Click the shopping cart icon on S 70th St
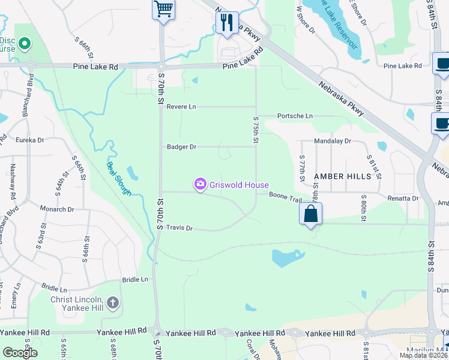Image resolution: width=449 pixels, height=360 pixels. [x=163, y=10]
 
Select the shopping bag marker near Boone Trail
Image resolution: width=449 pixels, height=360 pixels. [x=311, y=214]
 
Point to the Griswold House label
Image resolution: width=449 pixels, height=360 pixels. [x=239, y=185]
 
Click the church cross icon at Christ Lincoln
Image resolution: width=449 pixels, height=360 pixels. [x=112, y=304]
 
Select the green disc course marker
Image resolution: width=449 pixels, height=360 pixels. [x=25, y=44]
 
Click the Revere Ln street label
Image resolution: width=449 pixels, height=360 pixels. [x=181, y=106]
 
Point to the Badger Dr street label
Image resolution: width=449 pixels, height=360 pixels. [x=181, y=146]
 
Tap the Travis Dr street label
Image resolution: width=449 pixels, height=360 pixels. [x=179, y=228]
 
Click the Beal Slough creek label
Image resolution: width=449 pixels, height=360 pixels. [x=118, y=178]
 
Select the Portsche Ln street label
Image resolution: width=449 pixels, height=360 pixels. [x=295, y=116]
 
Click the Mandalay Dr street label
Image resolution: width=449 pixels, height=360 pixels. [x=332, y=142]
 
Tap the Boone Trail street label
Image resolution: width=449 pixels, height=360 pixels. [x=285, y=196]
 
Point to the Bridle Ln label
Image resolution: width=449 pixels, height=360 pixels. [x=135, y=280]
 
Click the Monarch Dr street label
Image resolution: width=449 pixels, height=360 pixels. [x=56, y=209]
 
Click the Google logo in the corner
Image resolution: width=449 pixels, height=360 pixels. [x=20, y=353]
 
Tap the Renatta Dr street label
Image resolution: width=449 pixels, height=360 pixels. [x=402, y=197]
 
